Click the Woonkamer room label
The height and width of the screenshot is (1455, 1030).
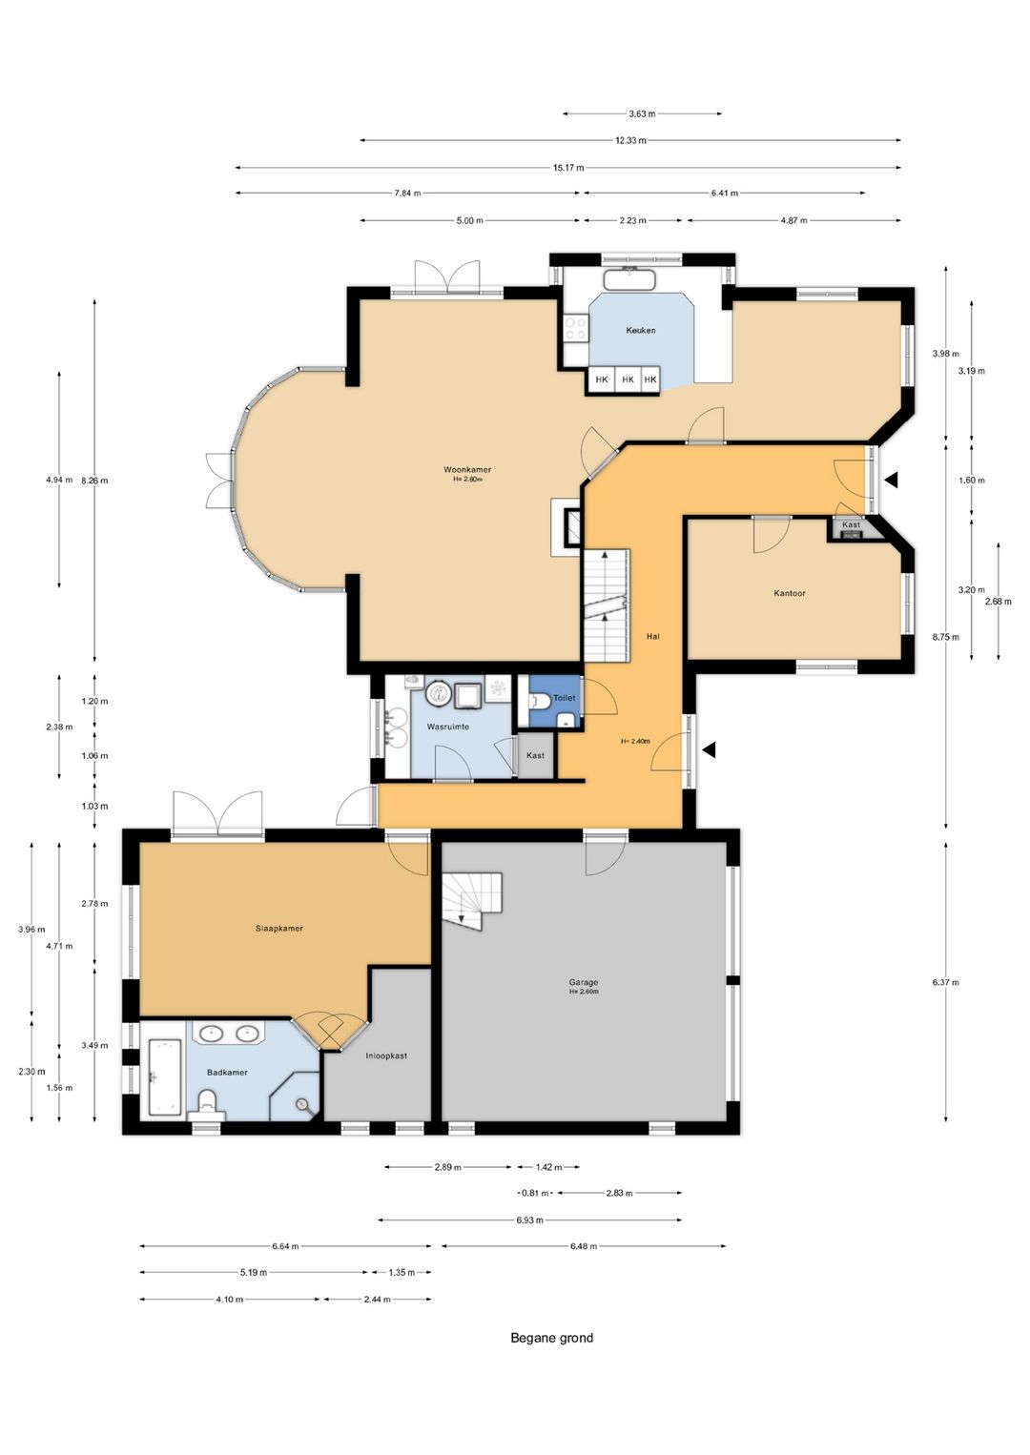tap(467, 469)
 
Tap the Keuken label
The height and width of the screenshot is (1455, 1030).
tap(641, 330)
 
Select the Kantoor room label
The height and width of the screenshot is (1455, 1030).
tap(790, 593)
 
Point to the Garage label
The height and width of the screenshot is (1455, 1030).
tap(583, 983)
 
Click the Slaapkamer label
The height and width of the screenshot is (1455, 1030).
tap(279, 929)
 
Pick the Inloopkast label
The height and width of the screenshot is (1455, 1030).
tap(386, 1055)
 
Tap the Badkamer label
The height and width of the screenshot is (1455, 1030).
tap(227, 1073)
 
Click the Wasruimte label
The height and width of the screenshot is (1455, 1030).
tap(447, 727)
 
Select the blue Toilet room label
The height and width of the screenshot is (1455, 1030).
tap(564, 698)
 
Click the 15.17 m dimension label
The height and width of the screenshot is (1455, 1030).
tap(568, 168)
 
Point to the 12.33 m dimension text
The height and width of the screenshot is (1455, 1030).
tap(630, 140)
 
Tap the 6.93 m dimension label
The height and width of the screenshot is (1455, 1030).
tap(529, 1219)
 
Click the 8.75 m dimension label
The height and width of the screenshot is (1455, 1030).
tap(945, 637)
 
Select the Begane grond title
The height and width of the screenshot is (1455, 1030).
tap(551, 1338)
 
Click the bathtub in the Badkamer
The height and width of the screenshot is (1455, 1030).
tap(165, 1077)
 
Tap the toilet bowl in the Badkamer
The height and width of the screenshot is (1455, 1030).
tap(207, 1103)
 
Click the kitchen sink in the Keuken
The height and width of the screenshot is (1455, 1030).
tap(629, 278)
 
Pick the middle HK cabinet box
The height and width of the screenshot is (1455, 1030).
tap(628, 379)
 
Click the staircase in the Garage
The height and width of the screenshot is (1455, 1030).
tap(472, 901)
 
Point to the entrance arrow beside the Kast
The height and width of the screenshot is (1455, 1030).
tap(891, 480)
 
